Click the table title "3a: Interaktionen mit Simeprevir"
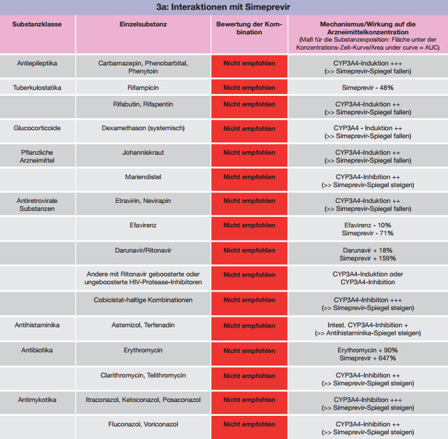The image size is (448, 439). point(223,7)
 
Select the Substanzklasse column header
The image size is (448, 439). point(37,25)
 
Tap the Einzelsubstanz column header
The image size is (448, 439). point(143,25)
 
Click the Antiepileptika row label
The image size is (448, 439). point(37,63)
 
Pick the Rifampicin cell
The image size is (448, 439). point(143,88)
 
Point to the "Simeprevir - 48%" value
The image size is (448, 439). point(367,88)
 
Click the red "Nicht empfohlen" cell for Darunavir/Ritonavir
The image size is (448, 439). point(249,253)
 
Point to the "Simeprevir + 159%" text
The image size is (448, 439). point(367,258)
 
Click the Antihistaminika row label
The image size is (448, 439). point(37,325)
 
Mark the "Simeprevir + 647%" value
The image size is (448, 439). point(367,358)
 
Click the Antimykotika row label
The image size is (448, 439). point(37,400)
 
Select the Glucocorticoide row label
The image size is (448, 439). point(37,128)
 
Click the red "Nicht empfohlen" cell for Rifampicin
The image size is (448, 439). point(249,87)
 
